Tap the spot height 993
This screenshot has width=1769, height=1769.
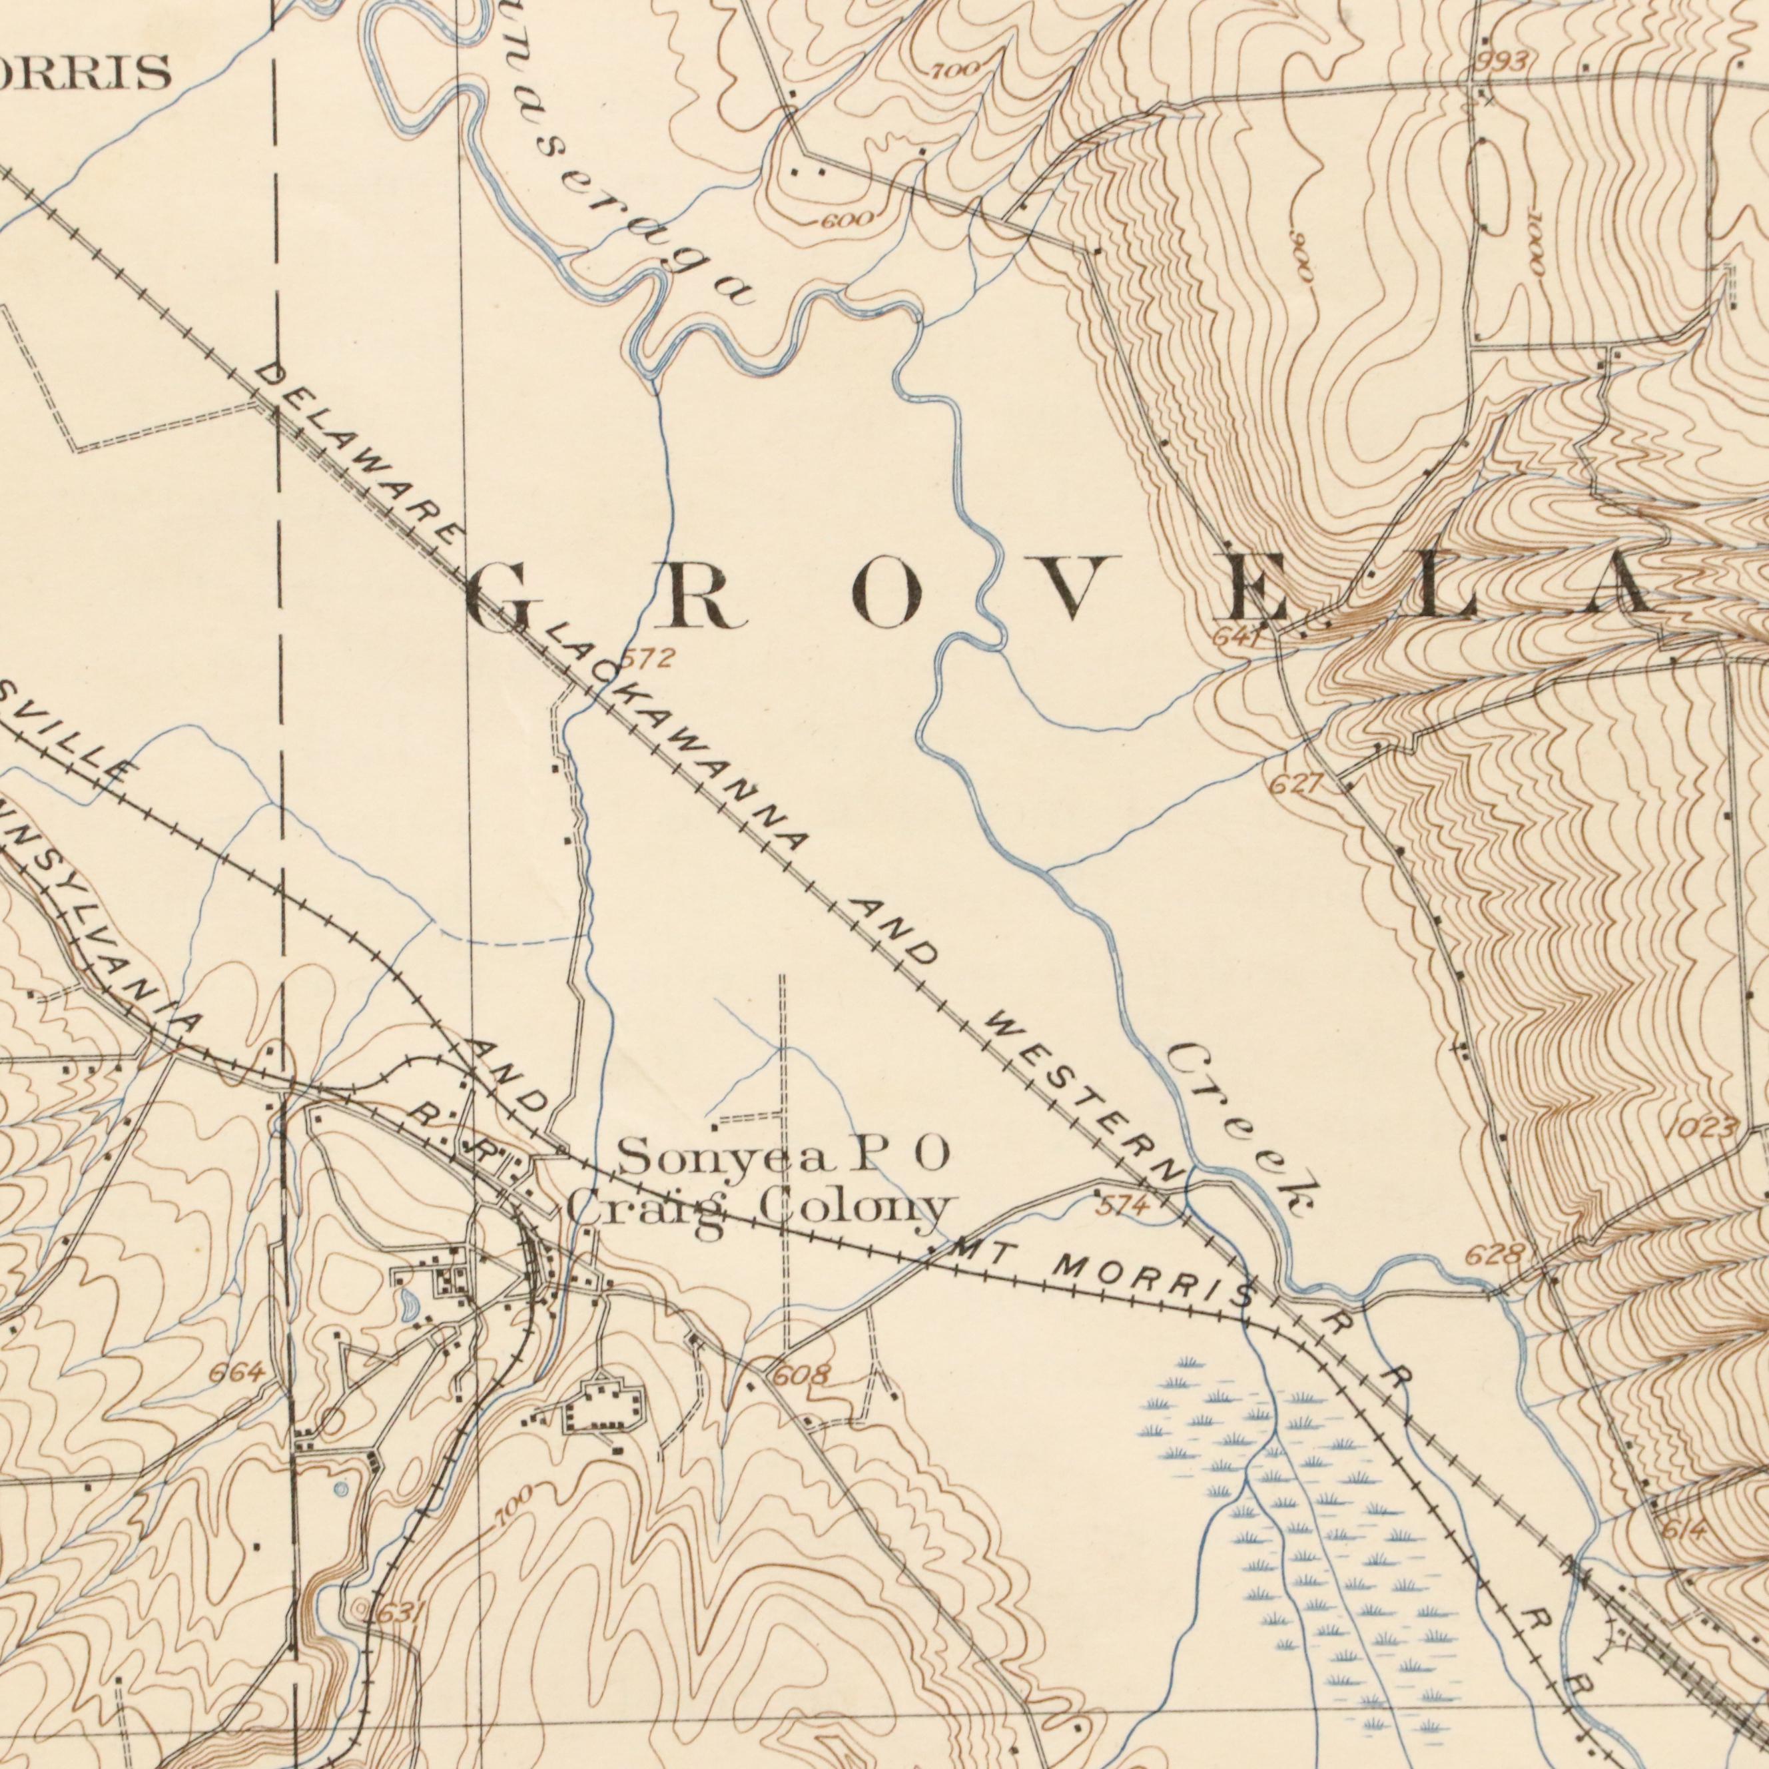tap(1503, 61)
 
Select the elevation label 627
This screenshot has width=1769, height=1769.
tap(1295, 785)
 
